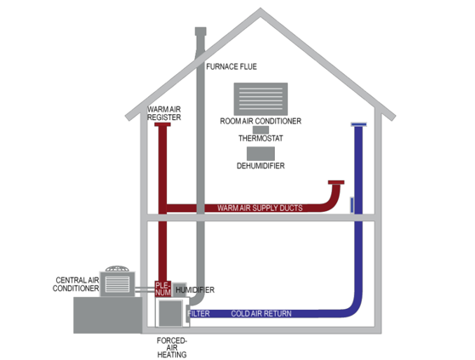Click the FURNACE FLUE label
click(232, 66)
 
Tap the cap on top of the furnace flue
click(201, 31)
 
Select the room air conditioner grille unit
click(260, 99)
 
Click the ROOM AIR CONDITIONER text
click(260, 121)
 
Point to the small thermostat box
click(260, 129)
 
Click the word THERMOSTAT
click(260, 139)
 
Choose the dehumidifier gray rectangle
click(260, 153)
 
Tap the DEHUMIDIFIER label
click(260, 166)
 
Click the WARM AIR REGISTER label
click(164, 113)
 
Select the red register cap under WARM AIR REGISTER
click(163, 124)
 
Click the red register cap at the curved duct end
click(336, 182)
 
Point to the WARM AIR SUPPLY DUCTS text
click(260, 208)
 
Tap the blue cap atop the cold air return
click(358, 124)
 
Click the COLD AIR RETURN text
click(261, 313)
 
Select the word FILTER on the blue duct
click(198, 313)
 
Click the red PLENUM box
click(163, 289)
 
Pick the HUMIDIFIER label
click(195, 290)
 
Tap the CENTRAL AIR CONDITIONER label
click(76, 284)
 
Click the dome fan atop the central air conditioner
click(117, 269)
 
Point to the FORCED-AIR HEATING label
click(172, 347)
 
